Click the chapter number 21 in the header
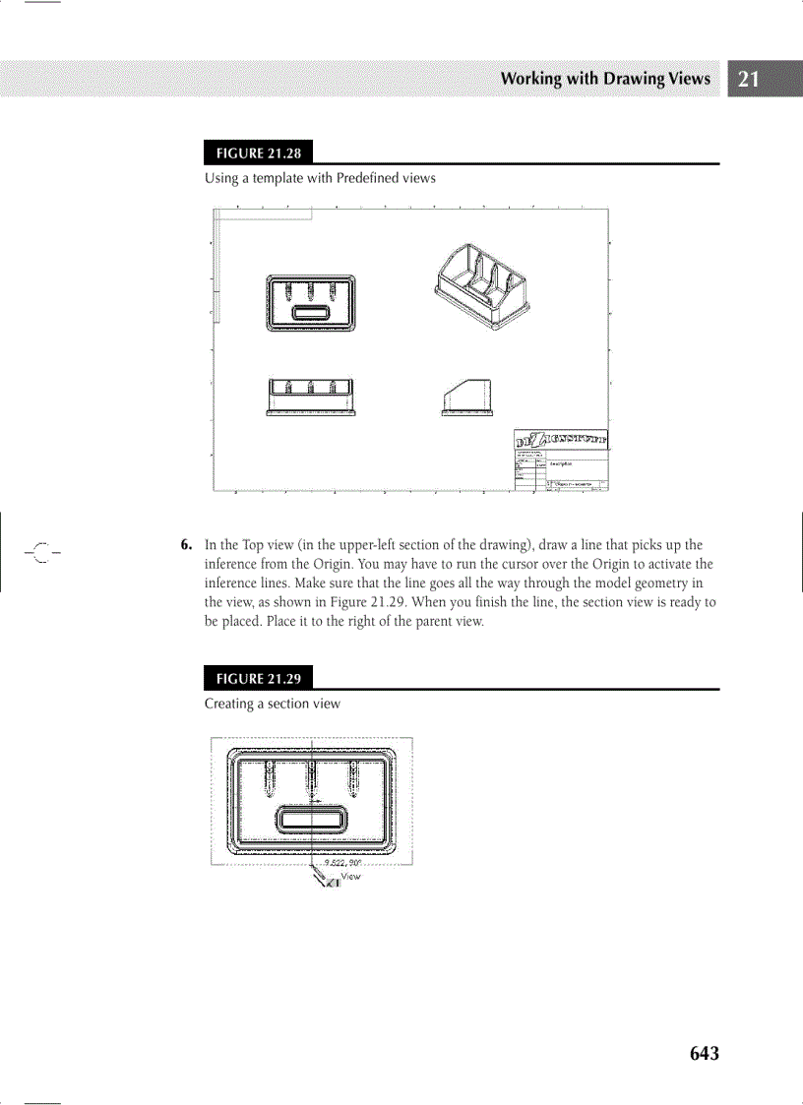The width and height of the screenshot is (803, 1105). coord(748,80)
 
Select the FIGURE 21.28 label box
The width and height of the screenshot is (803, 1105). coord(252,153)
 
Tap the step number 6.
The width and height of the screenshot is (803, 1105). coord(185,545)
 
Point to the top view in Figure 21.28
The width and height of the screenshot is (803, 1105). coord(312,302)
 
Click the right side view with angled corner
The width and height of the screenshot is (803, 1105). coord(467,398)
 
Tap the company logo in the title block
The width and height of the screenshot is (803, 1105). coord(562,439)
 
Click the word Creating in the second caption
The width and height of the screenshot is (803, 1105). coord(228,704)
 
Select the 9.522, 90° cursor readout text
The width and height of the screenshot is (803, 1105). coord(343,862)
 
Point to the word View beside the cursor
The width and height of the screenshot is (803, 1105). coord(350,876)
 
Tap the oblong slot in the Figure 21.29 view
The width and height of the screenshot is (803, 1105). coord(311,818)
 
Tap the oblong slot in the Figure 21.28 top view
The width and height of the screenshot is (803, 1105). coord(312,314)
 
